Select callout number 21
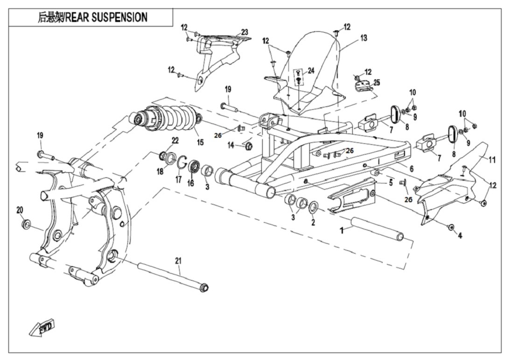click(x=178, y=261)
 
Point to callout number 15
click(x=200, y=141)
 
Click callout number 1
click(x=342, y=230)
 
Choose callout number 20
click(x=20, y=210)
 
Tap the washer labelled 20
click(x=26, y=225)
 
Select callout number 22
click(x=175, y=140)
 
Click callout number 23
click(x=244, y=32)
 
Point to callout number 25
click(x=377, y=83)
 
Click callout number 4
click(x=460, y=236)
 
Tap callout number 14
click(x=230, y=146)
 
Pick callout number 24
click(x=311, y=71)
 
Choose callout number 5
click(x=390, y=183)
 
